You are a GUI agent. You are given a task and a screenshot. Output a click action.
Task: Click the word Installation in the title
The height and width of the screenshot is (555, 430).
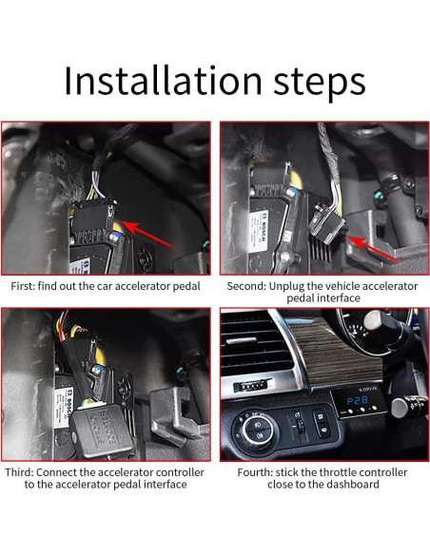(163, 80)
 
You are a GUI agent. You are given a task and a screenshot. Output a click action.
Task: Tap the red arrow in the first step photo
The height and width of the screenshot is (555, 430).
(147, 234)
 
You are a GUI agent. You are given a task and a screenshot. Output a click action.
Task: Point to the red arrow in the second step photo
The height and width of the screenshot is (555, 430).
(374, 249)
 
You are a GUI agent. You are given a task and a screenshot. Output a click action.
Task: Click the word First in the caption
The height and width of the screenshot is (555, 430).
(22, 286)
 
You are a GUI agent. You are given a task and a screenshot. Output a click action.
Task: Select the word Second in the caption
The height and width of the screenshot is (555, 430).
(246, 286)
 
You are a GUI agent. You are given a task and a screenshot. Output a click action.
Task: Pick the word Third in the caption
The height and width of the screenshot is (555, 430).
(19, 472)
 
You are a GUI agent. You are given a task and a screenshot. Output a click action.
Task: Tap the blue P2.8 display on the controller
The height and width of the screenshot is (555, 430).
(357, 401)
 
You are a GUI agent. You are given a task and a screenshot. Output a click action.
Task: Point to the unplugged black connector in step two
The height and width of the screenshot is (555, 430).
(326, 223)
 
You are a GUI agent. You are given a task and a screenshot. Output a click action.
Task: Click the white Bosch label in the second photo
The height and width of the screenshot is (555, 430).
(259, 231)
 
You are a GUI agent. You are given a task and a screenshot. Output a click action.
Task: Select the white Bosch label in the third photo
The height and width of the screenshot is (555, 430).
(64, 407)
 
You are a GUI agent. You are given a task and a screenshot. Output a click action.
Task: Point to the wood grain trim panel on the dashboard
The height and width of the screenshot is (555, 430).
(340, 354)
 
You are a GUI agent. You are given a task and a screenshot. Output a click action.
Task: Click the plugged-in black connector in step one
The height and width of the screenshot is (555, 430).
(93, 216)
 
